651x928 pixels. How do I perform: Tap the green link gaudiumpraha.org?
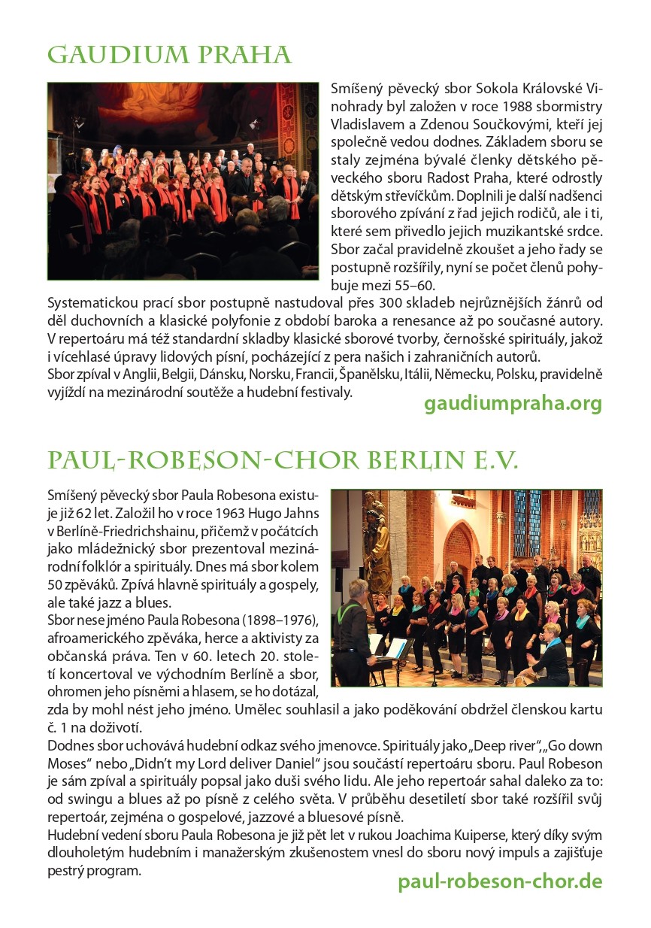(513, 404)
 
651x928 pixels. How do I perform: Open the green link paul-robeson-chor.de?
(500, 881)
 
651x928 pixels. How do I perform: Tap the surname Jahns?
(301, 513)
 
